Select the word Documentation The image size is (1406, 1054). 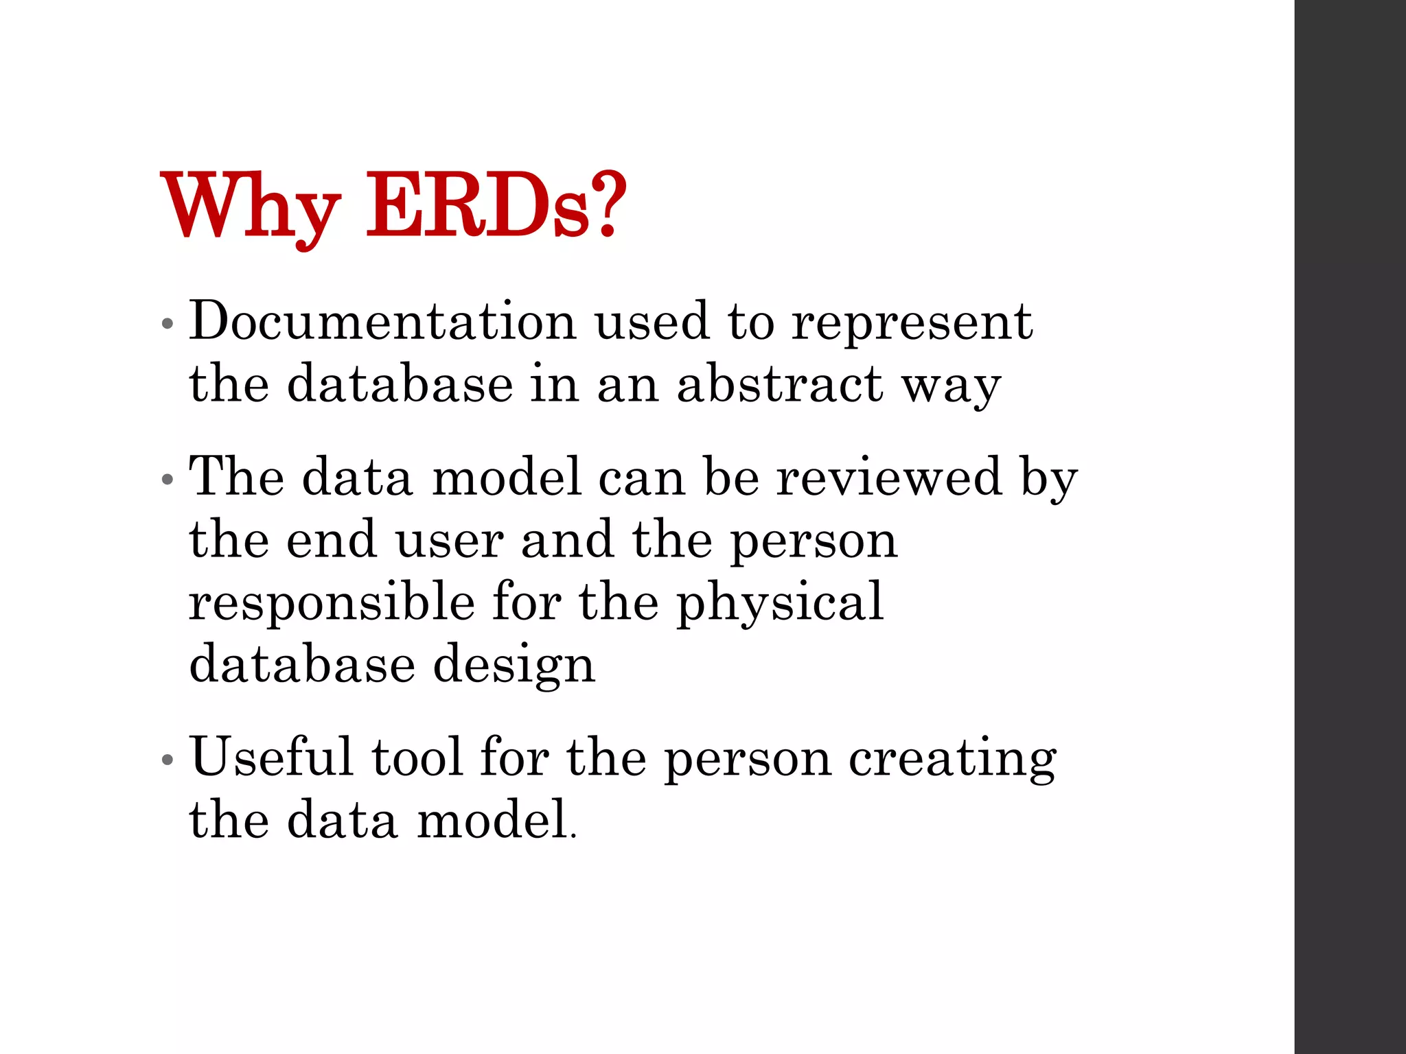(x=382, y=320)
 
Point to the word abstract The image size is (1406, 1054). (x=779, y=384)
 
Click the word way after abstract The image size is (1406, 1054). (x=951, y=388)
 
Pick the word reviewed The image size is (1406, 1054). (x=889, y=476)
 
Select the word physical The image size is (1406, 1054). (x=780, y=602)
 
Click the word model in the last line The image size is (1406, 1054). (x=493, y=820)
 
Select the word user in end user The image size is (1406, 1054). (x=450, y=541)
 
